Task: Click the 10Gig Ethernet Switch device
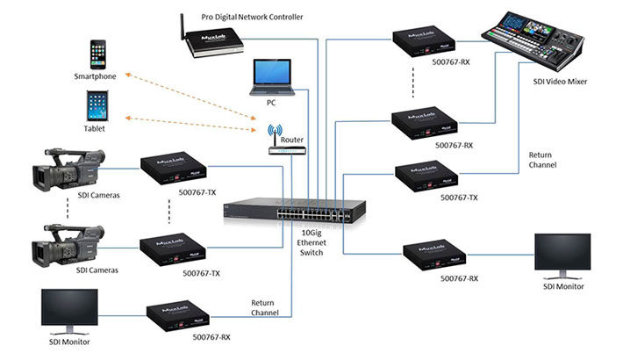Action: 297,207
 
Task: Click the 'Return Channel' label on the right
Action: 544,159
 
